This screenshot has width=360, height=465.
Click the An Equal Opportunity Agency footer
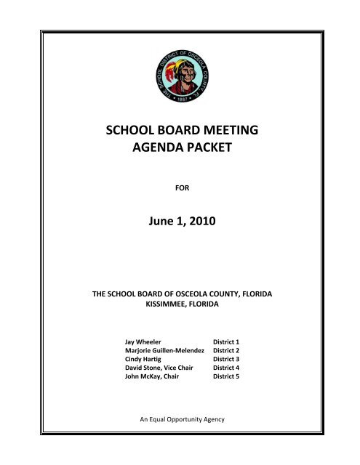coord(180,421)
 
